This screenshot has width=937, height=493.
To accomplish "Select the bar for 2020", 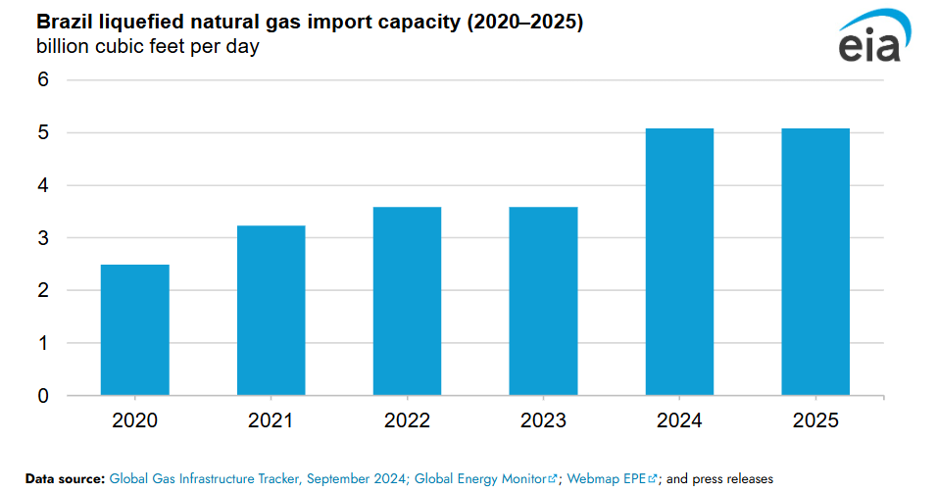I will (x=135, y=330).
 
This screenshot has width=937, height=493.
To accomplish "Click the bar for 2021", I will (x=271, y=311).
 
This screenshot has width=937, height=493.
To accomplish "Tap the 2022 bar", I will (x=408, y=301).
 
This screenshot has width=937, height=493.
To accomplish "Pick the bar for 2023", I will (x=544, y=301).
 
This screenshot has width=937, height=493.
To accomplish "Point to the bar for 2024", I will (x=679, y=262).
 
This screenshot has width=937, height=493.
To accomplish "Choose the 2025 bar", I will (x=815, y=262).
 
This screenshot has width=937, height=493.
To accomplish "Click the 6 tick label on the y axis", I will (x=43, y=79).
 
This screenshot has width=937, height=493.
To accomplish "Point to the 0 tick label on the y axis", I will (x=43, y=396).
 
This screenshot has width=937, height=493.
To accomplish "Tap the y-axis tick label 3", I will (x=43, y=238).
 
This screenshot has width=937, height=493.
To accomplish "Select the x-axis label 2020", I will (x=135, y=420).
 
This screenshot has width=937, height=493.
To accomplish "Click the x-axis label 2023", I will (x=544, y=420).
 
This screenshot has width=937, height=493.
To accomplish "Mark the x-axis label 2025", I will (x=815, y=420).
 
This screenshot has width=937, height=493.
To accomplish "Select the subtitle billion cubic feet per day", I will (x=147, y=46).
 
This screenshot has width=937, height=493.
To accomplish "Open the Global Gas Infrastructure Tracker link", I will (x=259, y=479).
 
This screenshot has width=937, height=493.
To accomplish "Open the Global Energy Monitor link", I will (x=480, y=479).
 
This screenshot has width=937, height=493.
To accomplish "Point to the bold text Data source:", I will (x=65, y=479).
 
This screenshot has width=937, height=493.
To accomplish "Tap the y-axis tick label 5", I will (x=43, y=132).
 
